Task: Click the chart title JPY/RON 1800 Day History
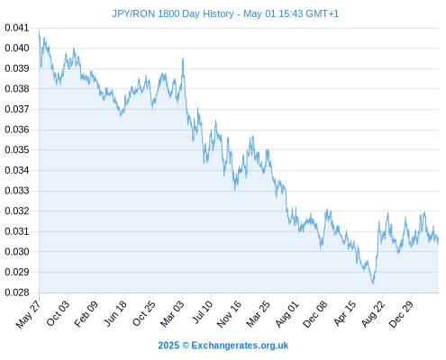coord(173,13)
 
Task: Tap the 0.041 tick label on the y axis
coord(17,28)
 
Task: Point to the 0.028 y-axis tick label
coord(17,292)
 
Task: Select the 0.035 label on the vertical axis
coord(17,149)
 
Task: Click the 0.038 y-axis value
coord(17,89)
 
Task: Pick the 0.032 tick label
coord(17,211)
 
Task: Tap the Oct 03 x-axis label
coord(58,313)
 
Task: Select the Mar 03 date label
coord(172,314)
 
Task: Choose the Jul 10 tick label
coord(203,312)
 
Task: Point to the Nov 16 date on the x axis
coord(229,314)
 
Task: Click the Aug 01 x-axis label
coord(287,314)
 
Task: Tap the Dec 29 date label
coord(401,314)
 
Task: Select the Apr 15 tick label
coord(345,313)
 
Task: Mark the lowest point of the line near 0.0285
coord(373,283)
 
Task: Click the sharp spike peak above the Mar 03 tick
coord(183,58)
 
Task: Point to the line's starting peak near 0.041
coord(39,31)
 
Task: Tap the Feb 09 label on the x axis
coord(86,314)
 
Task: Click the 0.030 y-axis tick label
coord(17,252)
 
